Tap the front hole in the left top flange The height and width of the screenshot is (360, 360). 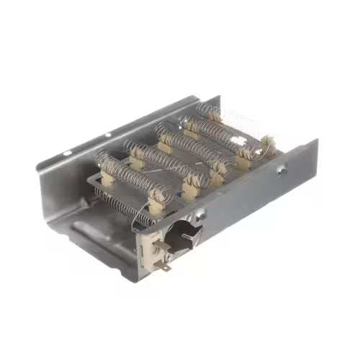(x=66, y=153)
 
